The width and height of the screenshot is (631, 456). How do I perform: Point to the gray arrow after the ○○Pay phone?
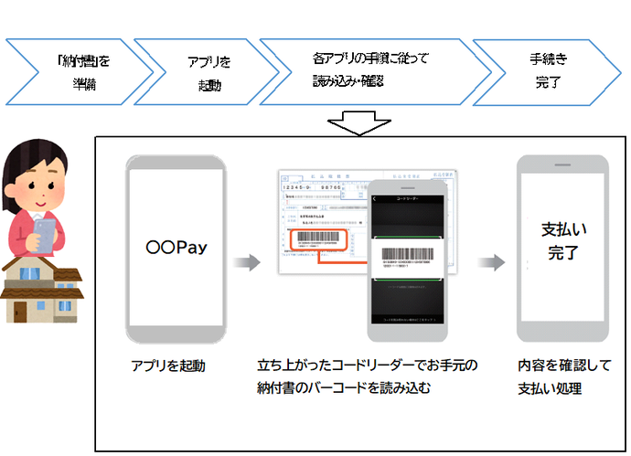click(245, 263)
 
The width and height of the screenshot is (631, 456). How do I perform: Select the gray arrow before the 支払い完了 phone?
click(492, 263)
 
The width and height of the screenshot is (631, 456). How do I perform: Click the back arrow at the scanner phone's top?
click(377, 196)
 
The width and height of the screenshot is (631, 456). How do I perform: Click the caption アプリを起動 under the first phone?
click(169, 366)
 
